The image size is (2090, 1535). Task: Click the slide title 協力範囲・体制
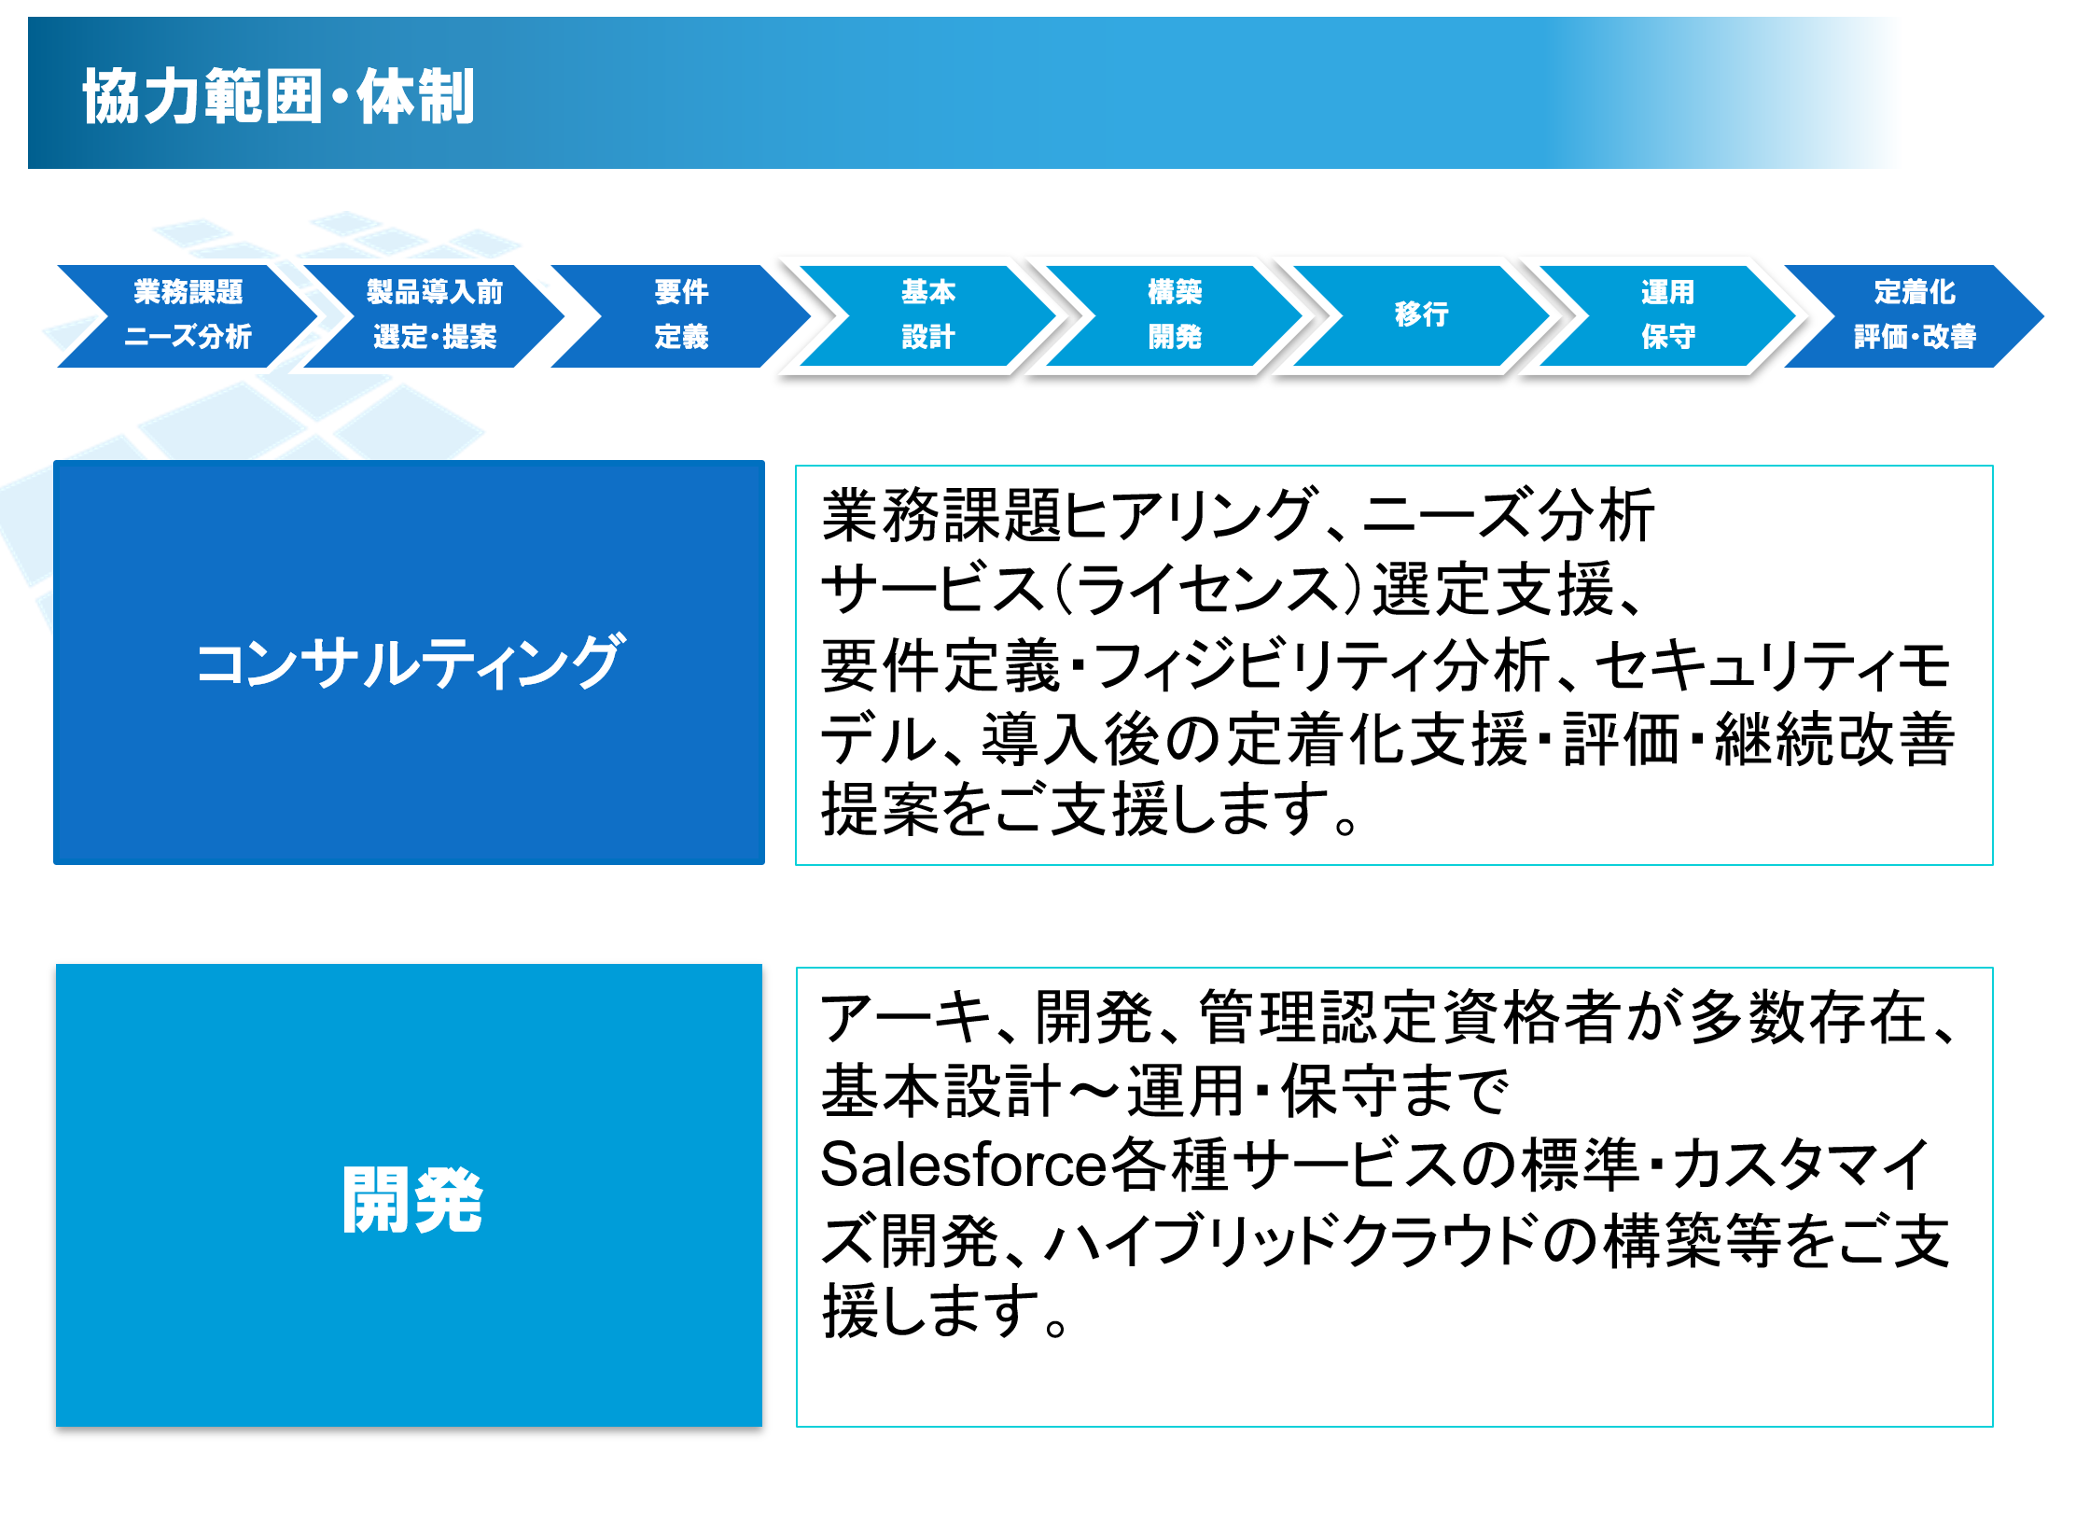pyautogui.click(x=279, y=96)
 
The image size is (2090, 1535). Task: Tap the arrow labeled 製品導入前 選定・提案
pyautogui.click(x=435, y=315)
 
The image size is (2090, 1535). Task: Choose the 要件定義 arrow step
pyautogui.click(x=681, y=315)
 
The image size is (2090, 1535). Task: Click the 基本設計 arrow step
pyautogui.click(x=927, y=315)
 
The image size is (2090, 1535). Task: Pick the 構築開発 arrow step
pyautogui.click(x=1175, y=315)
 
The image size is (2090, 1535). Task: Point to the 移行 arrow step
pyautogui.click(x=1421, y=315)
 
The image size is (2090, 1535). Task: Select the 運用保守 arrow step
pyautogui.click(x=1667, y=315)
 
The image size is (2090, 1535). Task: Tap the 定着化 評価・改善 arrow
pyautogui.click(x=1914, y=315)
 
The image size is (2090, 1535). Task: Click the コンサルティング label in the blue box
pyautogui.click(x=409, y=663)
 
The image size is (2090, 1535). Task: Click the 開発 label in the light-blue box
pyautogui.click(x=411, y=1200)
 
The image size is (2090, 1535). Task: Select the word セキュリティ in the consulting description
pyautogui.click(x=1743, y=665)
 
